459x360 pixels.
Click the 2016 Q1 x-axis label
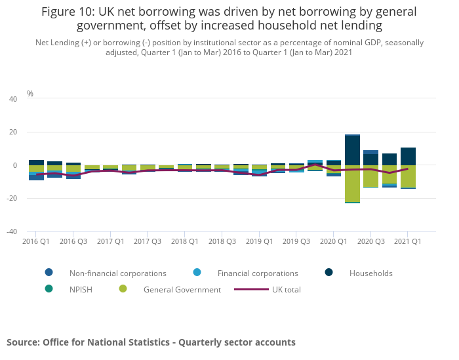point(36,241)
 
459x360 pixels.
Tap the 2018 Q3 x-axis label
point(222,241)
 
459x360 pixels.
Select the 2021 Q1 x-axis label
point(407,241)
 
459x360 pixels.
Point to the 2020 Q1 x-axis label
point(333,241)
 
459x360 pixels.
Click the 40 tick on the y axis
point(13,99)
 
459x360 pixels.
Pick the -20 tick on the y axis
point(12,198)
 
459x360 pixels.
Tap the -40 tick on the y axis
point(12,231)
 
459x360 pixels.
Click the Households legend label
point(370,273)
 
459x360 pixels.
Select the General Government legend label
point(182,289)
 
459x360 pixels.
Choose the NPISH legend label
point(82,289)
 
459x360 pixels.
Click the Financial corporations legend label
point(258,273)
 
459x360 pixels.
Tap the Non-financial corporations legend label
point(118,273)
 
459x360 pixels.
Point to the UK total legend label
point(286,289)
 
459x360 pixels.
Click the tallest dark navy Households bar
point(352,150)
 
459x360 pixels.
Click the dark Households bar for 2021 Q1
point(408,156)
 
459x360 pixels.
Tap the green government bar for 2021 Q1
point(408,176)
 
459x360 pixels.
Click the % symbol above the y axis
point(30,94)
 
